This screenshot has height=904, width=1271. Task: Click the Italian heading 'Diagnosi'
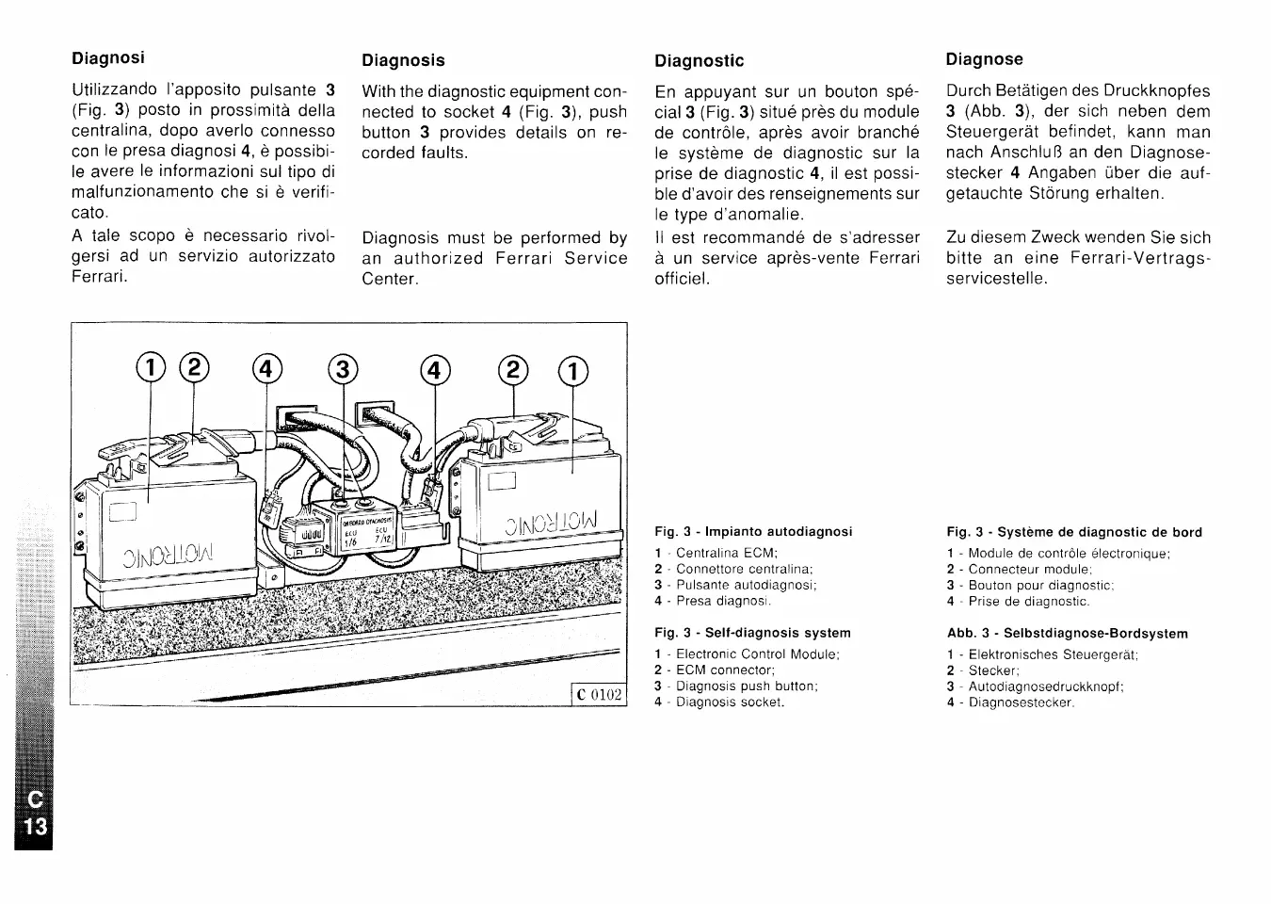108,57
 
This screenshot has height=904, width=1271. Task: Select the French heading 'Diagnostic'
699,61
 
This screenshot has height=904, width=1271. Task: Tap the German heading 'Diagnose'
984,59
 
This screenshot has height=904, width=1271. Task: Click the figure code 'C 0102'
599,695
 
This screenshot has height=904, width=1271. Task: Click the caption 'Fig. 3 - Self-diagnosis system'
752,633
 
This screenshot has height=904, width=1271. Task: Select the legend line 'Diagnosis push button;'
747,686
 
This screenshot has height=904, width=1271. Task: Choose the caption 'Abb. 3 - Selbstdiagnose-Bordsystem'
1067,634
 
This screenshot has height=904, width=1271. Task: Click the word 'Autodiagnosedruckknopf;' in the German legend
1046,686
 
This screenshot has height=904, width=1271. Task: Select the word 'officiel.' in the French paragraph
683,279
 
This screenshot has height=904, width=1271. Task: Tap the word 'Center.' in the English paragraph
390,279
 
